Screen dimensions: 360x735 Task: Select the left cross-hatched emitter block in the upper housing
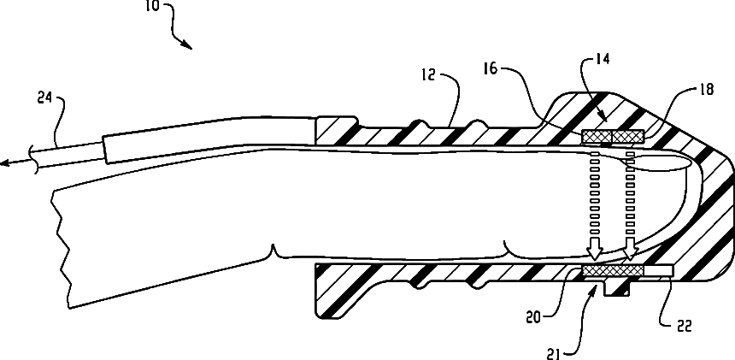pos(597,136)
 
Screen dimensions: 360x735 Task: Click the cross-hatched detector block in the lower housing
pos(612,271)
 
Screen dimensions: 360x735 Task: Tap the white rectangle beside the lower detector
pos(659,271)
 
